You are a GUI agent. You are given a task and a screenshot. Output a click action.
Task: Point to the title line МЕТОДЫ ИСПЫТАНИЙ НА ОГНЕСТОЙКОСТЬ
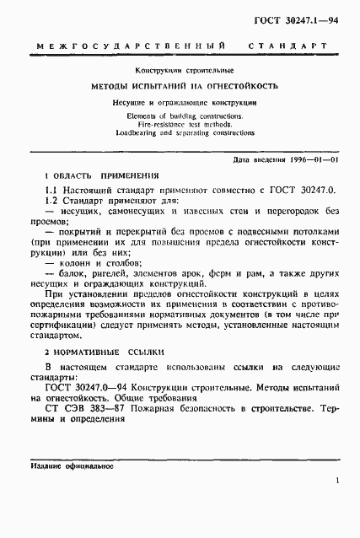coord(185,87)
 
